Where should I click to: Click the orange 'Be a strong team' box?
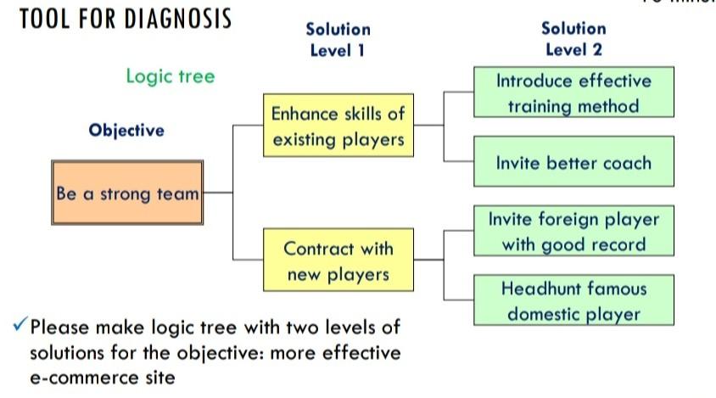127,193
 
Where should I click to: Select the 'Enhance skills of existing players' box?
338,126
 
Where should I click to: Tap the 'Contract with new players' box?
338,261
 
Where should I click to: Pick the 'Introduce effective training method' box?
573,92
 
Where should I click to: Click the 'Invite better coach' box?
573,163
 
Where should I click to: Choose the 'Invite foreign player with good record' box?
573,231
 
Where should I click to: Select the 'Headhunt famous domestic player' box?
573,300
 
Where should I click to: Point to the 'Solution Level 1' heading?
338,39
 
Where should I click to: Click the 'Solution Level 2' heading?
573,39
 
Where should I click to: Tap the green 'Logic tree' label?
171,76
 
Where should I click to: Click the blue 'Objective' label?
126,131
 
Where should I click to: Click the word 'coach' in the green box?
625,163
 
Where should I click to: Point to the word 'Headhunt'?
536,289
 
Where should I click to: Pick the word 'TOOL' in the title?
42,19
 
